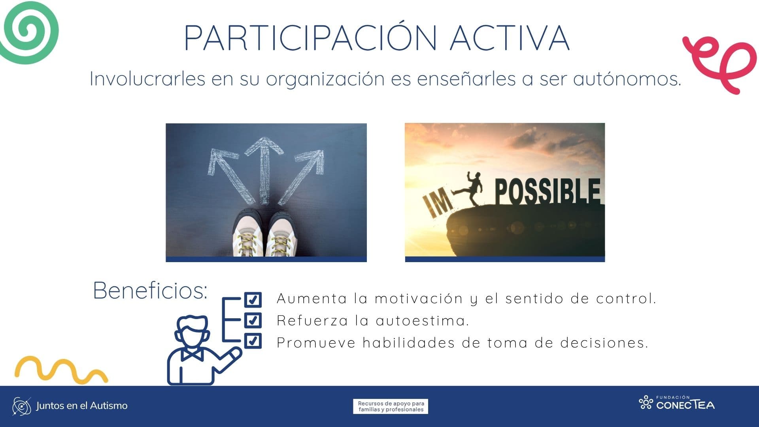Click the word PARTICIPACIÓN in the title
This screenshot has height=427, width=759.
(310, 38)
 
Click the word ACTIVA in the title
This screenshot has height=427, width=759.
(510, 38)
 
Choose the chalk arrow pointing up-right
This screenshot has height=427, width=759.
(304, 170)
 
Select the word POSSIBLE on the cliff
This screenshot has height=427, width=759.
(548, 192)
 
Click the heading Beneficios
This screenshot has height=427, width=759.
(150, 291)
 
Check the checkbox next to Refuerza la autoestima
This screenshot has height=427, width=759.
(253, 320)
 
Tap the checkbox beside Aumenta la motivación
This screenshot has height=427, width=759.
(253, 299)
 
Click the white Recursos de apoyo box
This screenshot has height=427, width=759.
(391, 406)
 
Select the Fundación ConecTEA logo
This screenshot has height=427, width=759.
(677, 403)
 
